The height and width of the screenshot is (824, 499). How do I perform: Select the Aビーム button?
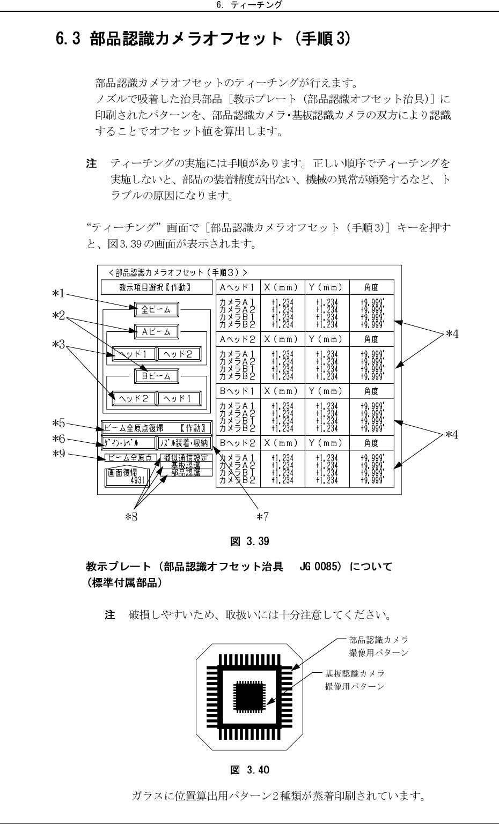[156, 331]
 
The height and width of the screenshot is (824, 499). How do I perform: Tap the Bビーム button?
[156, 376]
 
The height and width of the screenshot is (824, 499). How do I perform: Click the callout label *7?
[262, 517]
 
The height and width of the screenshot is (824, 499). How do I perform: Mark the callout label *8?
[131, 517]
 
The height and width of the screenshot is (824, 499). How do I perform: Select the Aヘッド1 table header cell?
[238, 287]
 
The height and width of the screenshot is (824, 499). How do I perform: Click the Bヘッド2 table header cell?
[238, 443]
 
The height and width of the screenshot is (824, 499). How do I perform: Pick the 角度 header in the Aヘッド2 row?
[371, 339]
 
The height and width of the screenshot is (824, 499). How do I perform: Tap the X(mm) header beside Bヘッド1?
[282, 391]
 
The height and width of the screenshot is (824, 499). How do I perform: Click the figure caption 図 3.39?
[249, 541]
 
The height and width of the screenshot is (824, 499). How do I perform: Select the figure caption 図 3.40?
[249, 770]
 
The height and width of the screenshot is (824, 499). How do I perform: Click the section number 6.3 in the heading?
[68, 40]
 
